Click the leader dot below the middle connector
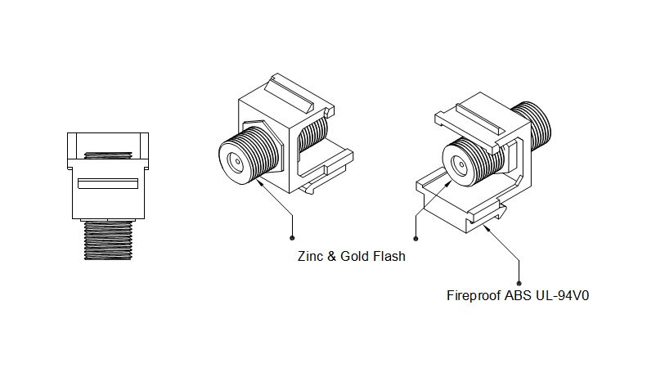click(x=293, y=239)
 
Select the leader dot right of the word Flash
click(x=416, y=239)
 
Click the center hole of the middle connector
click(x=239, y=159)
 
